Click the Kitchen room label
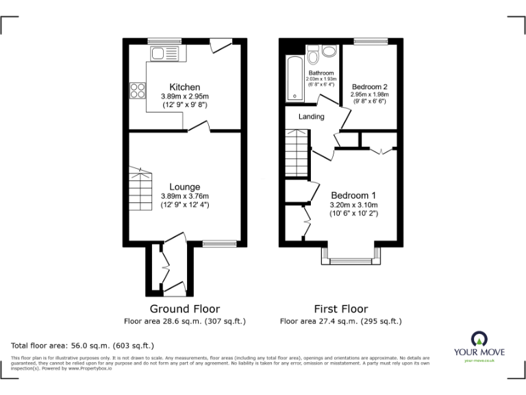[185, 87]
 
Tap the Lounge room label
[185, 187]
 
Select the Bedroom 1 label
[353, 195]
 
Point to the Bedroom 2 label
[370, 86]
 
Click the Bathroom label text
[321, 73]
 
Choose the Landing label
[311, 117]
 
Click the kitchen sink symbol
[163, 53]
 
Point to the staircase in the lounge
[140, 192]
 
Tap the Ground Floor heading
[185, 309]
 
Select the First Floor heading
[340, 309]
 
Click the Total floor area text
[82, 346]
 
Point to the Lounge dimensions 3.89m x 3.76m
[185, 196]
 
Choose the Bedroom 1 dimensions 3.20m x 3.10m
[355, 204]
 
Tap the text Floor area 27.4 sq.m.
[340, 321]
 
